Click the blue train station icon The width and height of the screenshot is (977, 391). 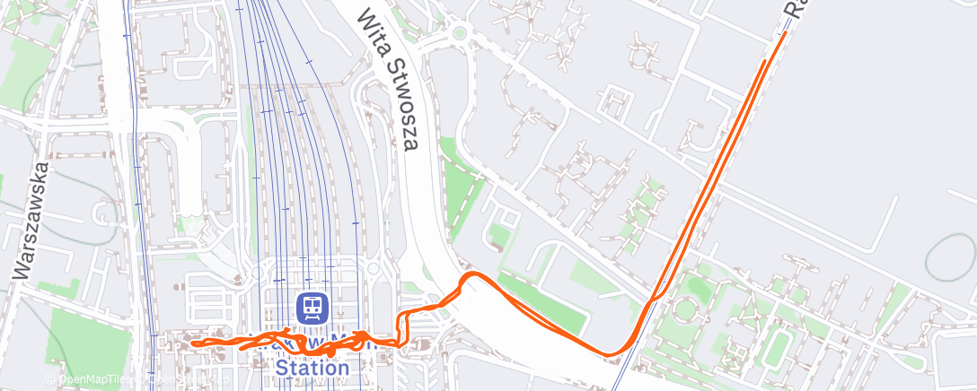312,308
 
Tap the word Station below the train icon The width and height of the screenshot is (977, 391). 312,368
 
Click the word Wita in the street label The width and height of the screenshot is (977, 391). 371,30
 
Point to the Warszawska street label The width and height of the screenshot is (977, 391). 32,221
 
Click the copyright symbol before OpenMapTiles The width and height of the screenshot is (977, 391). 51,380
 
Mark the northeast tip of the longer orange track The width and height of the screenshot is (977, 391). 786,33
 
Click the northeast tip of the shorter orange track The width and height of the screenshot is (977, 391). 765,62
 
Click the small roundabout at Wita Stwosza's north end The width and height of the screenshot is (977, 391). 460,34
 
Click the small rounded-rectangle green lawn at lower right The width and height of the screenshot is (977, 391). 778,346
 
